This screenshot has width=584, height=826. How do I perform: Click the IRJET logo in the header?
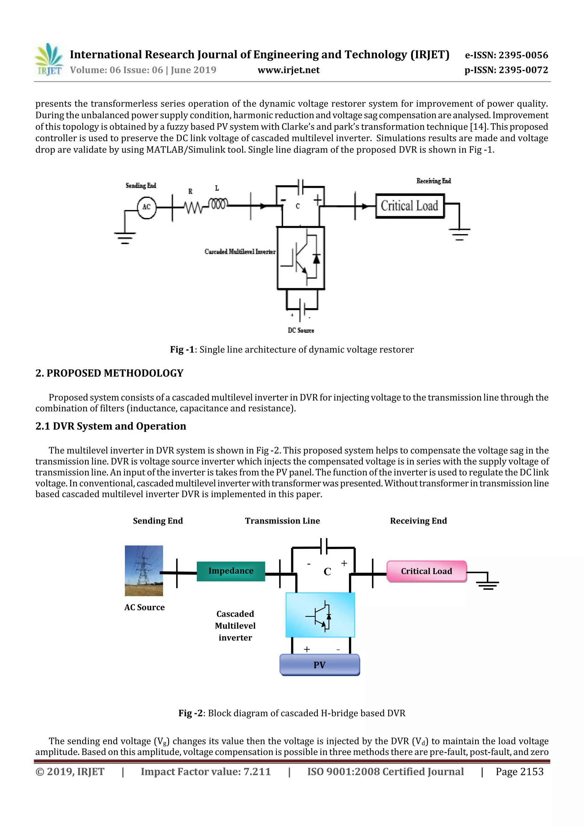point(49,60)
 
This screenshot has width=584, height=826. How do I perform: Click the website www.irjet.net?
point(289,70)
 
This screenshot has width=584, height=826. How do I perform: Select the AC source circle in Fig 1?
point(147,207)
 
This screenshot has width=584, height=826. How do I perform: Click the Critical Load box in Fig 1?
point(410,206)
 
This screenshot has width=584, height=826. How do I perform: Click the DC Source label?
point(301,330)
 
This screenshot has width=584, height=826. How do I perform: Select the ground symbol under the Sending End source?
point(125,238)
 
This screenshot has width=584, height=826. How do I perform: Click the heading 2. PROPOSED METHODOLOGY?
point(109,373)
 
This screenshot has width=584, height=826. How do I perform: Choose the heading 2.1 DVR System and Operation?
point(111,426)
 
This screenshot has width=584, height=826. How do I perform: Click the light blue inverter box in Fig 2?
point(320,615)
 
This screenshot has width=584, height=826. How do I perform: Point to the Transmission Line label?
point(283,521)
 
